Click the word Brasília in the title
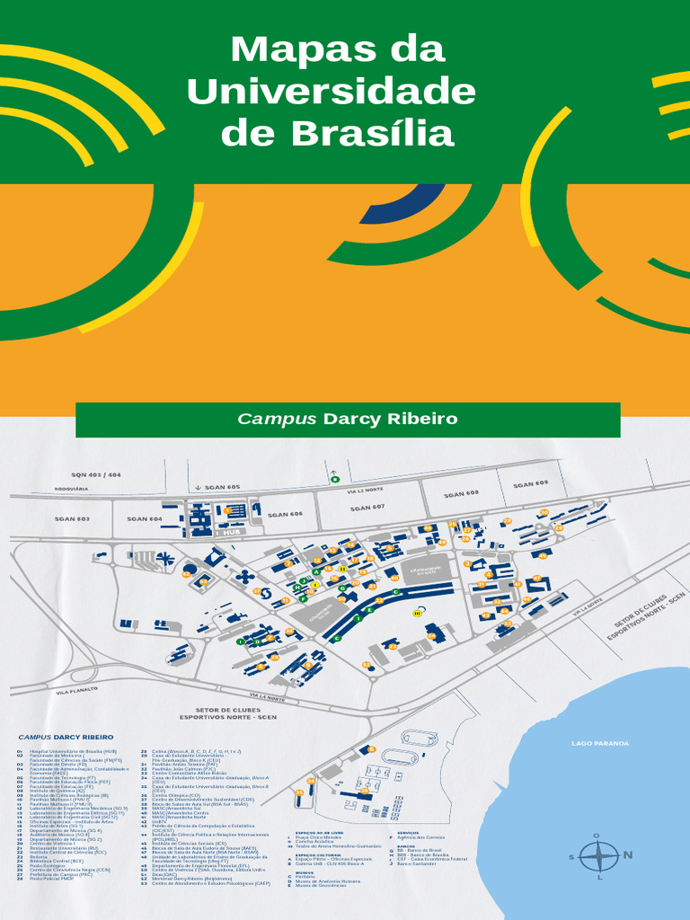pos(373,134)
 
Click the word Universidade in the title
pos(331,91)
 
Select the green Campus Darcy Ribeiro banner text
pos(348,420)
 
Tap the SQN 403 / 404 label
pos(96,474)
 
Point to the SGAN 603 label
pos(72,519)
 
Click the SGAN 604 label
pos(144,518)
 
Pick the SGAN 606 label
pos(285,514)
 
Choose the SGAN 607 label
pos(367,508)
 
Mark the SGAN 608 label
pos(461,494)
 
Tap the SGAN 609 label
pos(530,484)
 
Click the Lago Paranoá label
pos(600,744)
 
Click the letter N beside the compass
pos(628,854)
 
